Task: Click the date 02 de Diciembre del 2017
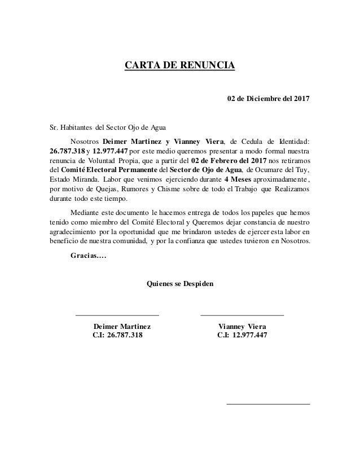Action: click(268, 100)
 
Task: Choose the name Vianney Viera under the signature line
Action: click(243, 326)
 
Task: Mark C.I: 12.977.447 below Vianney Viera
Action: click(242, 336)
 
